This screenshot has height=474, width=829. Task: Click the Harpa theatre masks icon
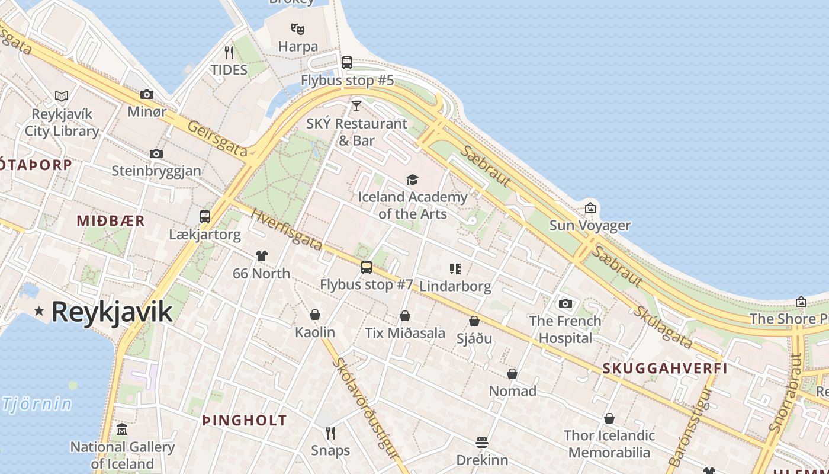(x=298, y=28)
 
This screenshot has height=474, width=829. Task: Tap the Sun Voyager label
(x=590, y=225)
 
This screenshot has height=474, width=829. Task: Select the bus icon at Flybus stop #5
(x=347, y=62)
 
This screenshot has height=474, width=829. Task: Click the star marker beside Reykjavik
(x=40, y=310)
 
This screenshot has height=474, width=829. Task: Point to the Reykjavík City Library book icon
(x=62, y=95)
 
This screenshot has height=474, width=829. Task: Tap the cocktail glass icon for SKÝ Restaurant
(x=356, y=106)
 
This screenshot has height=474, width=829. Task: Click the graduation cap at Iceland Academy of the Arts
(x=412, y=180)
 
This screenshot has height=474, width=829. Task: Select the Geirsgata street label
(x=217, y=139)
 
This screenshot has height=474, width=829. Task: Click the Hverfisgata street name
(x=287, y=229)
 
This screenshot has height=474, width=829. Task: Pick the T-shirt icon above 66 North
(x=262, y=256)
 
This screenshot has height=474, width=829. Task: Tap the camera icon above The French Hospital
(x=565, y=303)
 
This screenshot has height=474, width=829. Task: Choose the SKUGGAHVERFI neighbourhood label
(x=665, y=368)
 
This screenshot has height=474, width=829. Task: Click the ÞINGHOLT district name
(x=245, y=421)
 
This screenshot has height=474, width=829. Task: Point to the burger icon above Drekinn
(x=482, y=443)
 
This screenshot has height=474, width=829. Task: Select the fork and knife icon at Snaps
(x=330, y=433)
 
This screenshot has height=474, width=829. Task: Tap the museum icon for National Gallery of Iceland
(x=122, y=429)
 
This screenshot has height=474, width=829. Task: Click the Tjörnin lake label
(x=37, y=405)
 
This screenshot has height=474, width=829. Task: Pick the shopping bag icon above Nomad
(x=512, y=374)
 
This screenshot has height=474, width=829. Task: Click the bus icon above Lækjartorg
(x=205, y=216)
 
